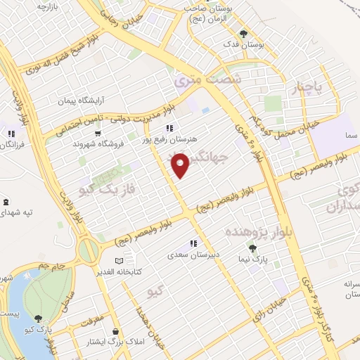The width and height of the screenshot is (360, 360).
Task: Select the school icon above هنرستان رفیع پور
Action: click(169, 128)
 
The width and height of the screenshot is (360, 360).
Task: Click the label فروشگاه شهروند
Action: click(94, 143)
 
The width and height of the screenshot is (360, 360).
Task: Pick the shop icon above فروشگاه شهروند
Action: click(96, 131)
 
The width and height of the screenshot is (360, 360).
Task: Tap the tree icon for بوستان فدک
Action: click(244, 33)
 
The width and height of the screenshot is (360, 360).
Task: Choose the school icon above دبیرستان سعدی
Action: click(193, 243)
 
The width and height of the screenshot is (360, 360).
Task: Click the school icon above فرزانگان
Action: click(11, 133)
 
